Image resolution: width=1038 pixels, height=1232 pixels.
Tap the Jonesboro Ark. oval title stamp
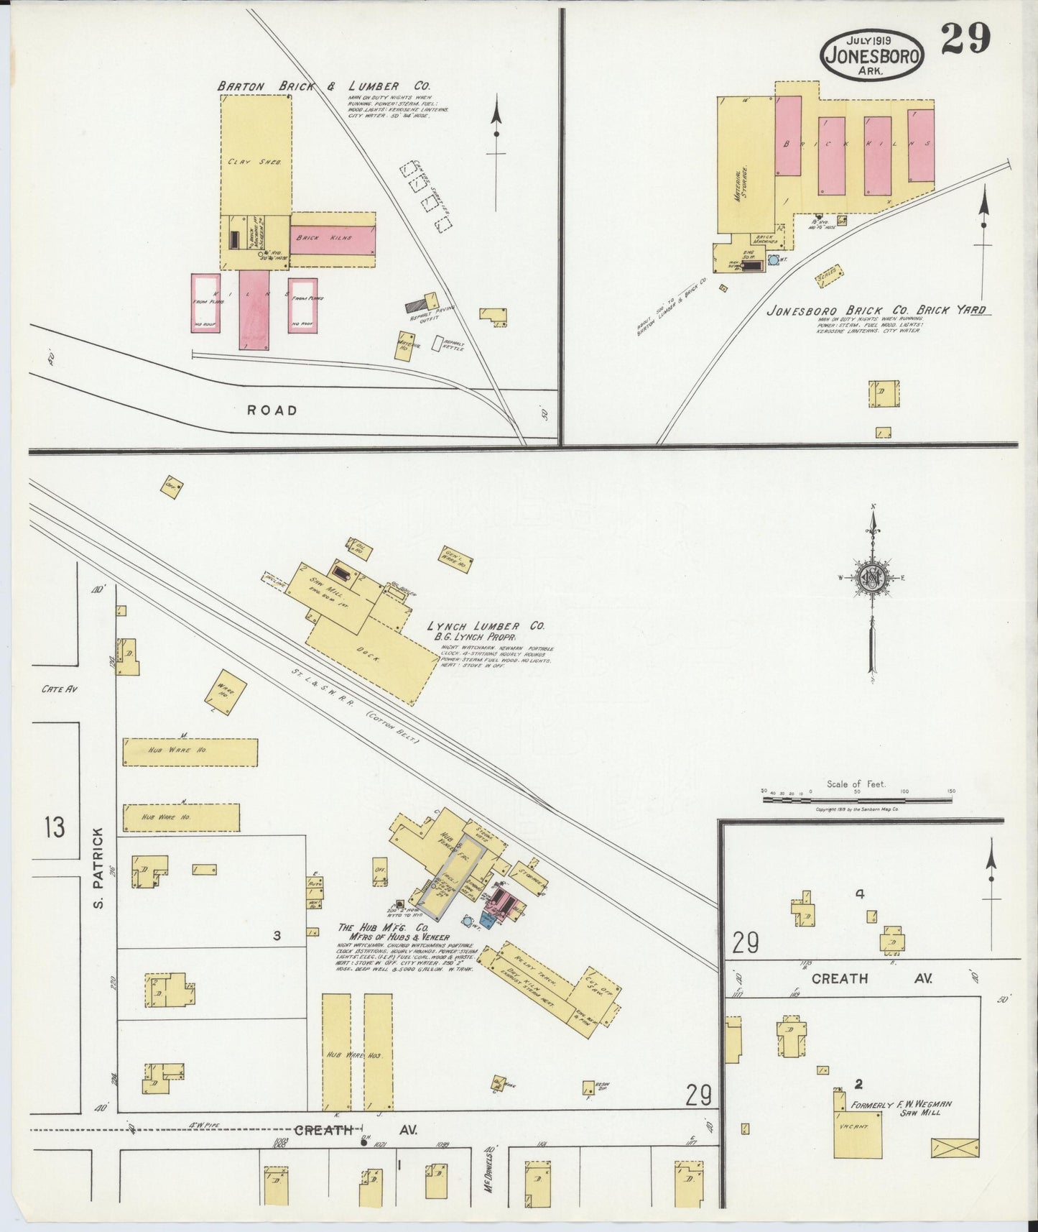point(873,55)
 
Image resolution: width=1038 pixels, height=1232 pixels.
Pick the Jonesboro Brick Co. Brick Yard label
point(876,311)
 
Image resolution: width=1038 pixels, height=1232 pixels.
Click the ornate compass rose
point(871,579)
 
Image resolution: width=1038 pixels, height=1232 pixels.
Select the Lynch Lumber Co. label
point(485,626)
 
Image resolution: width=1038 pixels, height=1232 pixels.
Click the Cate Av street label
point(59,689)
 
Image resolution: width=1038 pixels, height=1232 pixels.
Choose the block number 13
point(54,827)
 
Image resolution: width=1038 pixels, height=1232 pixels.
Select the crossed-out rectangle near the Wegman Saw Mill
point(954,1148)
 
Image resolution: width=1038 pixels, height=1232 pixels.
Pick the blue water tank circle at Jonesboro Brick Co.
point(774,259)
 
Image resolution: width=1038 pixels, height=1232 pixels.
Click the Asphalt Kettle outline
point(437,344)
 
